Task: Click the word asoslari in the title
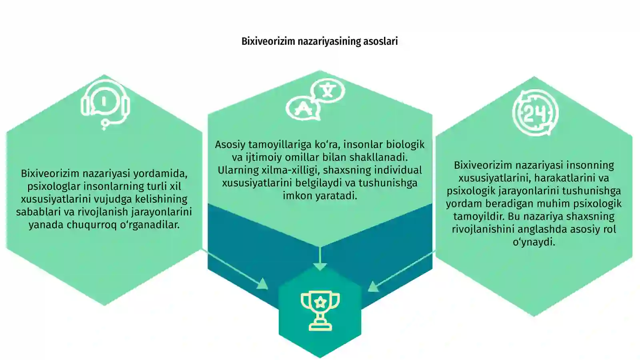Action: pyautogui.click(x=380, y=41)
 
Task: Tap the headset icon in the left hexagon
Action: pyautogui.click(x=105, y=104)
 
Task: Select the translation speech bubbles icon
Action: pyautogui.click(x=316, y=99)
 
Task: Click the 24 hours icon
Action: pyautogui.click(x=535, y=112)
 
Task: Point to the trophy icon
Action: pyautogui.click(x=320, y=310)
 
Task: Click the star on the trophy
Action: pyautogui.click(x=320, y=302)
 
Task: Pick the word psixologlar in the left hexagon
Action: pyautogui.click(x=54, y=186)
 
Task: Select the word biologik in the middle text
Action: pyautogui.click(x=405, y=144)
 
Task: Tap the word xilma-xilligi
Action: pyautogui.click(x=292, y=170)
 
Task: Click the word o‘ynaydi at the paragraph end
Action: pyautogui.click(x=534, y=242)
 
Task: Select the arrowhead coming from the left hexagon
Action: pyautogui.click(x=262, y=284)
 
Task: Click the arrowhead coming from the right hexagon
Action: pyautogui.click(x=374, y=286)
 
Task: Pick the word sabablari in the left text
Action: pyautogui.click(x=38, y=212)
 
